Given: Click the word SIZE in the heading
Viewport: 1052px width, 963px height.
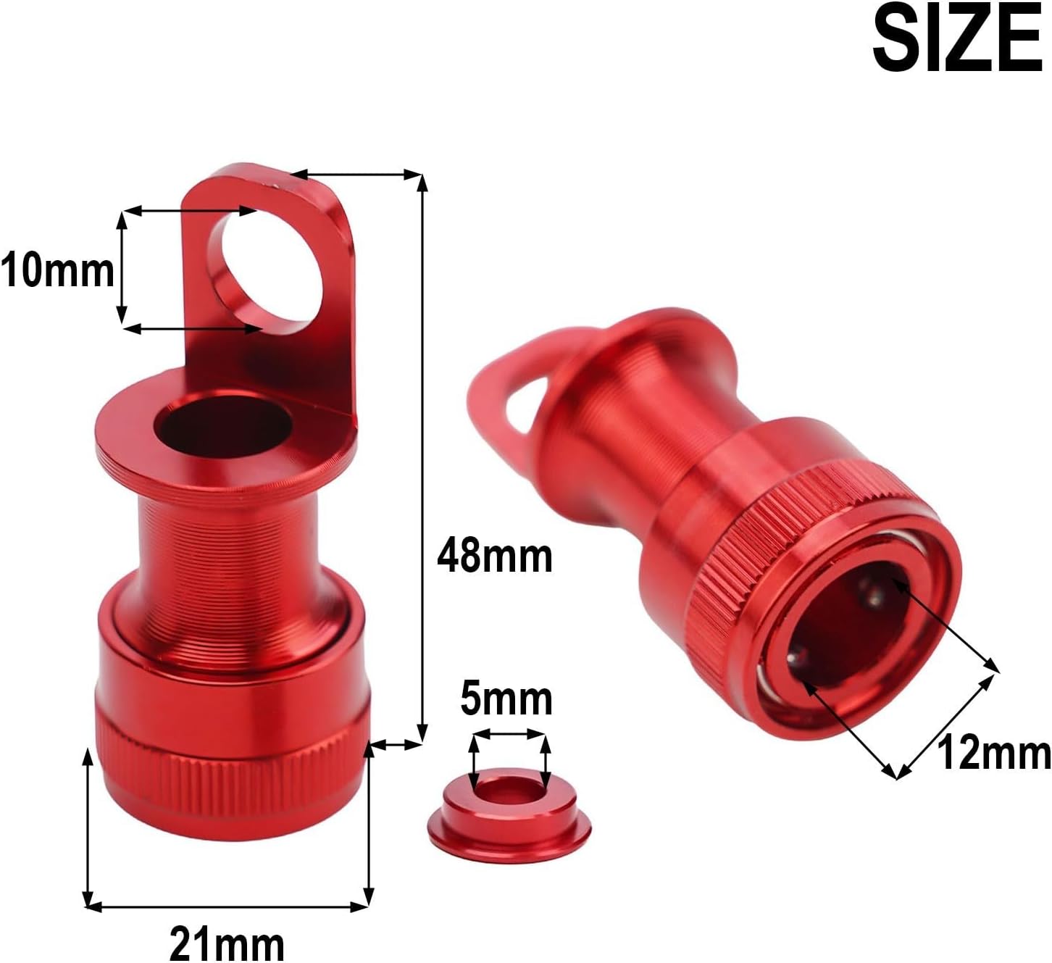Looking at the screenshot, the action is [x=958, y=39].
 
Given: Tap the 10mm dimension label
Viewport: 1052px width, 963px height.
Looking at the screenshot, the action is [x=57, y=271].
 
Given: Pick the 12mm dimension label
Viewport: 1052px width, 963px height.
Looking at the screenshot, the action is [x=994, y=754].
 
